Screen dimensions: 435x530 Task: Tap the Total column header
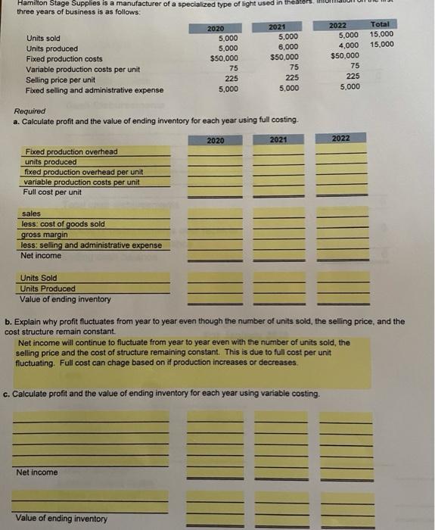pyautogui.click(x=381, y=24)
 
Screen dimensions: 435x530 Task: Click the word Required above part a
pyautogui.click(x=30, y=111)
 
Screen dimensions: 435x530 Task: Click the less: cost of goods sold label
pyautogui.click(x=63, y=224)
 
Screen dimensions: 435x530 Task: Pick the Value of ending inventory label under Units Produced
pyautogui.click(x=65, y=299)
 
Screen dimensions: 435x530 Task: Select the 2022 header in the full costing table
pyautogui.click(x=340, y=139)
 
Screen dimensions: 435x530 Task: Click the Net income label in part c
pyautogui.click(x=36, y=472)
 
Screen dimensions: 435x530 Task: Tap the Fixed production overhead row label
pyautogui.click(x=71, y=152)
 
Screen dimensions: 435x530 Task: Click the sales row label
pyautogui.click(x=32, y=214)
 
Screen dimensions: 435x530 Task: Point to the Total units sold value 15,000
pyautogui.click(x=381, y=34)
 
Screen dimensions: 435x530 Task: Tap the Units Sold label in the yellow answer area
pyautogui.click(x=39, y=278)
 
